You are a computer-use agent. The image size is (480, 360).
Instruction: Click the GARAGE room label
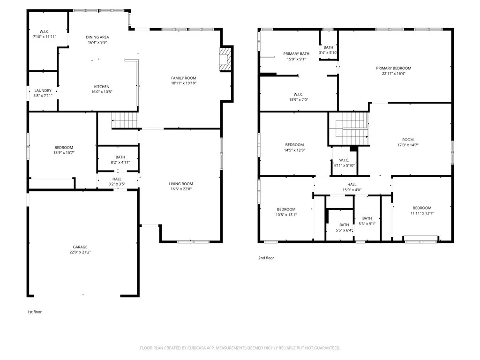[80, 247]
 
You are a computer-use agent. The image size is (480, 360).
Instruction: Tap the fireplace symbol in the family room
[226, 59]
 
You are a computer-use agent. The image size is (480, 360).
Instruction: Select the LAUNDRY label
[43, 90]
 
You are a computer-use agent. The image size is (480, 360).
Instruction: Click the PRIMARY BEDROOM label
[393, 68]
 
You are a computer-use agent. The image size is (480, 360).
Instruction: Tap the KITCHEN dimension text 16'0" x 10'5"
[102, 92]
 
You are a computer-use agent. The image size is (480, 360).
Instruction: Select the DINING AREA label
[97, 37]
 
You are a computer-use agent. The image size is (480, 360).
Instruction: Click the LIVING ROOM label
[181, 184]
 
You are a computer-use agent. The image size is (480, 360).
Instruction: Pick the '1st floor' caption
[34, 312]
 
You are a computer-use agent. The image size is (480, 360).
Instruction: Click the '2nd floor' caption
[266, 258]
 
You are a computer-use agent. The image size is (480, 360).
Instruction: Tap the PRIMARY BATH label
[294, 54]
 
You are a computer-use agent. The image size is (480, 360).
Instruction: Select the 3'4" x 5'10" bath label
[328, 52]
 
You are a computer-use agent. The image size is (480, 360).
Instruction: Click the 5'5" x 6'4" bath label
[344, 230]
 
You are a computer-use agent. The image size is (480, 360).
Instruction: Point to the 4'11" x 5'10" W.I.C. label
[344, 165]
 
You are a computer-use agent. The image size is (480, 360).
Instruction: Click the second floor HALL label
[352, 185]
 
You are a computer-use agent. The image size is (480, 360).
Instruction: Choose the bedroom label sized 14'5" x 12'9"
[294, 145]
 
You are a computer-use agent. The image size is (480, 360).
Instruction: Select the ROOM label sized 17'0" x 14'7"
[408, 140]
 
